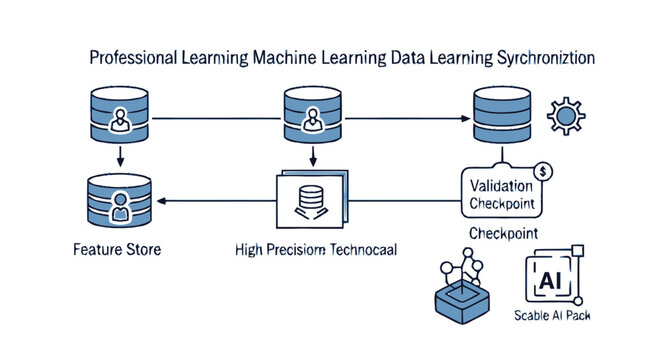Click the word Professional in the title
pyautogui.click(x=131, y=59)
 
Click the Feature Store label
pyautogui.click(x=116, y=249)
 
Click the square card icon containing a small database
pyautogui.click(x=307, y=200)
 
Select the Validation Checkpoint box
pyautogui.click(x=501, y=194)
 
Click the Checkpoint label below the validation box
pyautogui.click(x=503, y=232)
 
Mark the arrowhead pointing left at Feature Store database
pyautogui.click(x=164, y=202)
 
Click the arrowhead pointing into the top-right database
pyautogui.click(x=465, y=119)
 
